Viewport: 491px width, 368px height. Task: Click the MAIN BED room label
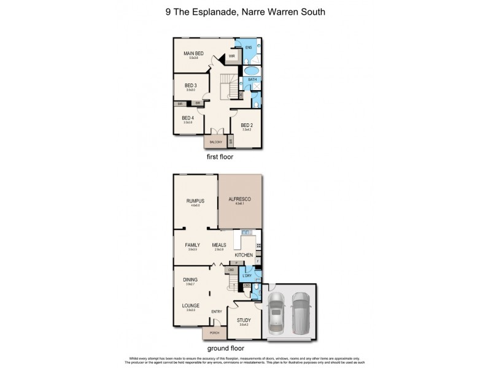tap(193, 54)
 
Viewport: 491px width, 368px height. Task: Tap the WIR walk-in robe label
tap(232, 56)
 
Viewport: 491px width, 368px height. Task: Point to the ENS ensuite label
tap(249, 47)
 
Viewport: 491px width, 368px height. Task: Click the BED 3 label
tap(191, 85)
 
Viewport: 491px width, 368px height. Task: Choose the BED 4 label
tap(188, 118)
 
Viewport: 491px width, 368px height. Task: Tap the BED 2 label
tap(247, 124)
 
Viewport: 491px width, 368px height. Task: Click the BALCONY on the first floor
tap(215, 141)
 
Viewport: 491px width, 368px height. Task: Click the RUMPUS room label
tap(195, 201)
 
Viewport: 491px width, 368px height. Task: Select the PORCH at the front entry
tap(215, 333)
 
